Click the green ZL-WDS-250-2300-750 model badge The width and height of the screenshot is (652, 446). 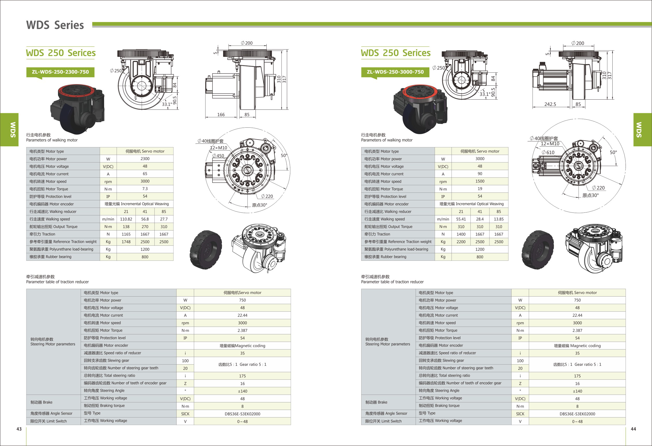(60, 72)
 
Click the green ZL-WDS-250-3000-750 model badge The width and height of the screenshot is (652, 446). (395, 72)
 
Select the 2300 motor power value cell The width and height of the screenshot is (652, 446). (145, 159)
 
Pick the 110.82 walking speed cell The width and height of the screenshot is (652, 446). (126, 219)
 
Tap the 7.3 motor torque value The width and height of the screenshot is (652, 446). (145, 189)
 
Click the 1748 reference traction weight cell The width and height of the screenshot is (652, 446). (126, 242)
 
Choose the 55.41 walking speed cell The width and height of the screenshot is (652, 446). (461, 219)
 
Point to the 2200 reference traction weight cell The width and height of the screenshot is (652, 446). (461, 242)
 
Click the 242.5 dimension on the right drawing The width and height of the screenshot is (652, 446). (550, 104)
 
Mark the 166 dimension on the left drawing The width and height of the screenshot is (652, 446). (221, 115)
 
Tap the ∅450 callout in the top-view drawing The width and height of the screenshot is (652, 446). (218, 156)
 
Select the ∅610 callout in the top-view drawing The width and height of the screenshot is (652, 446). (548, 153)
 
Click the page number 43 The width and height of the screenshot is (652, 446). (19, 429)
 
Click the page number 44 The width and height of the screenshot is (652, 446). (633, 429)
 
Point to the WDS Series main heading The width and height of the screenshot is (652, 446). (55, 25)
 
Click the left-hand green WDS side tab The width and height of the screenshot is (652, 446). (9, 129)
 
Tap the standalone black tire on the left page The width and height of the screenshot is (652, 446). (206, 250)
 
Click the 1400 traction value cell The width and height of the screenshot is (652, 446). (461, 234)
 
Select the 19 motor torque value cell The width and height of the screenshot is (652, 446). (480, 189)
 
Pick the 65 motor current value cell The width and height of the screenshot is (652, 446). (145, 174)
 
